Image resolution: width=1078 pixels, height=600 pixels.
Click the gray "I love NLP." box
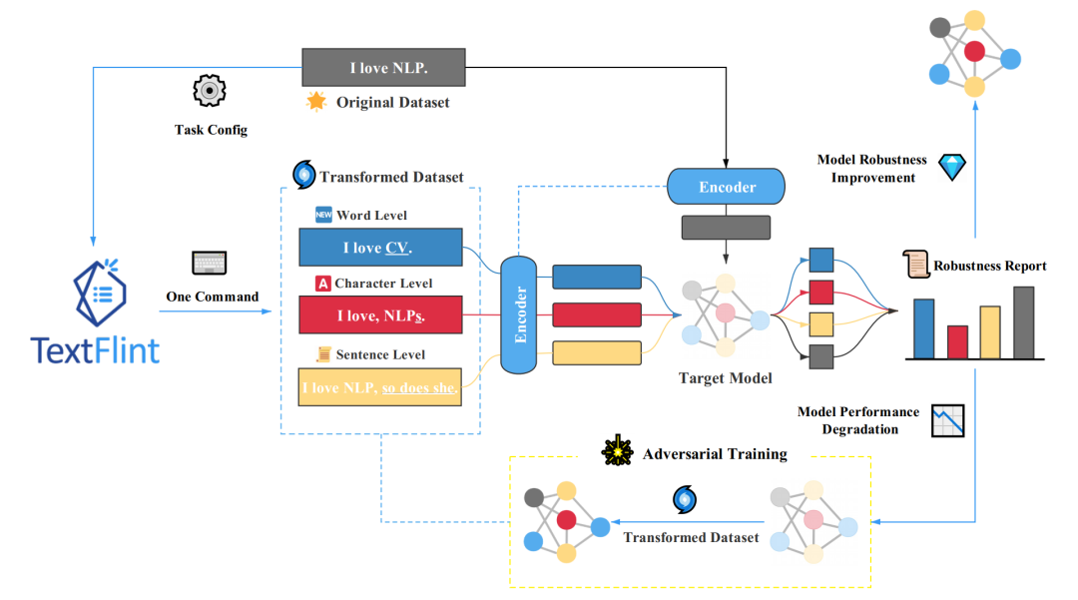pos(383,67)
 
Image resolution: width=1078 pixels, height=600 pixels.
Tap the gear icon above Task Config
pos(209,90)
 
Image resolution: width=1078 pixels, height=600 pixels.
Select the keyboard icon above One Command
pos(209,263)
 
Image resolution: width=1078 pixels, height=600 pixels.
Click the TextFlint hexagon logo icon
pos(100,293)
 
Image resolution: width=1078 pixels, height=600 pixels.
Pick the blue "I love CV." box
pos(380,248)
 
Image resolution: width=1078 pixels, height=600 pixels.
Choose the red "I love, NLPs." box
pos(380,314)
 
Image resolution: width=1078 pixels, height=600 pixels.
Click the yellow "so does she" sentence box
pos(379,387)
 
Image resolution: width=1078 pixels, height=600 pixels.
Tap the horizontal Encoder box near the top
pos(726,187)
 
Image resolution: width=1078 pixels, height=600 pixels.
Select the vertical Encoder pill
pos(518,314)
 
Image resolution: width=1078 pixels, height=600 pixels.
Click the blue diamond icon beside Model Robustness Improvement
pos(952,167)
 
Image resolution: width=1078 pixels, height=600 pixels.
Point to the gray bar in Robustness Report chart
pos(1024,322)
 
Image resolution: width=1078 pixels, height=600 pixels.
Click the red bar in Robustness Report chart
pos(957,341)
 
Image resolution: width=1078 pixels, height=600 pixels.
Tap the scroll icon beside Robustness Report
pos(915,264)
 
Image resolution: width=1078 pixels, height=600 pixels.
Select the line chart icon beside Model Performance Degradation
pos(948,420)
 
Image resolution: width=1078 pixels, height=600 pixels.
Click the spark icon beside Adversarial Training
pos(618,451)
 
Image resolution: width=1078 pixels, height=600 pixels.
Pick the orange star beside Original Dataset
pos(316,102)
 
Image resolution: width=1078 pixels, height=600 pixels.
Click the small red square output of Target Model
pos(821,293)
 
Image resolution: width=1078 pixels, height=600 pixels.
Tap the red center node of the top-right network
pos(974,51)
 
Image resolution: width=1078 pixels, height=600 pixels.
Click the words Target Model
pos(726,378)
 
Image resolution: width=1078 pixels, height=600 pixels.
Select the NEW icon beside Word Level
pos(323,215)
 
